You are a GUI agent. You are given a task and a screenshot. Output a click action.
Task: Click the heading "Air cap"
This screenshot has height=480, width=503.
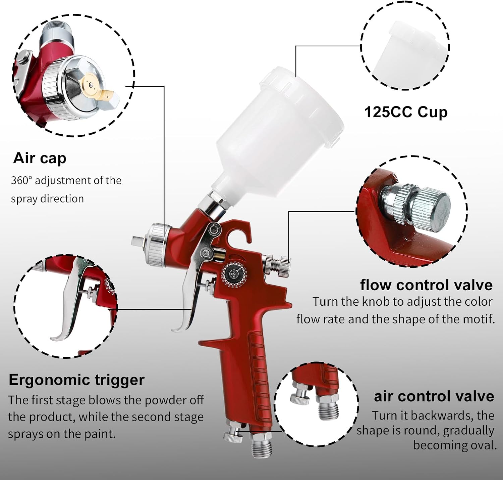coord(40,159)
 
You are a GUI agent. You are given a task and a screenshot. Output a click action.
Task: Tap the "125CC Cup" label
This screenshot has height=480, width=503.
coord(406,112)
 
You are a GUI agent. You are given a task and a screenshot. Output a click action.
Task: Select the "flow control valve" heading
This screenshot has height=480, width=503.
coord(427,285)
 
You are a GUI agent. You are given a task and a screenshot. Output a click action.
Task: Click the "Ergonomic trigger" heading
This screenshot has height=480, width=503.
coord(76,380)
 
